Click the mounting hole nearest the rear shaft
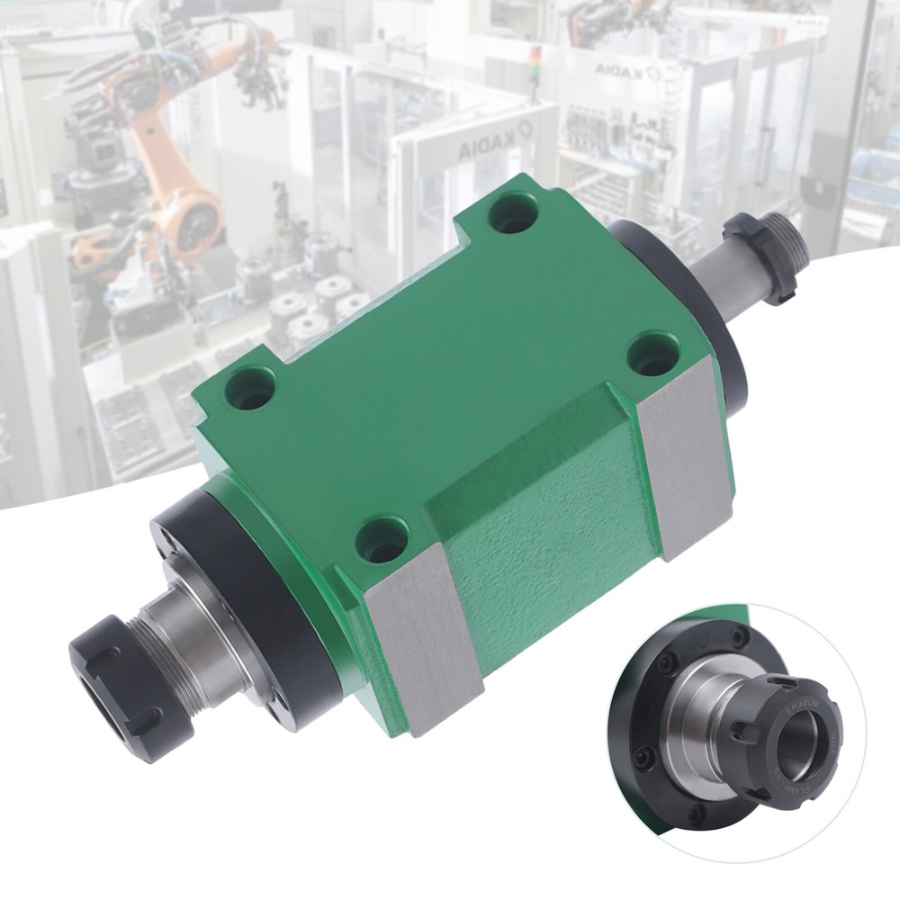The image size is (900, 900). coord(514,212)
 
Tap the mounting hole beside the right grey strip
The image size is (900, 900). coord(652,353)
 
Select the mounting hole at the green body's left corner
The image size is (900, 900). coord(249,387)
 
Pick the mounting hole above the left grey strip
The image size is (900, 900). coord(382,540)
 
